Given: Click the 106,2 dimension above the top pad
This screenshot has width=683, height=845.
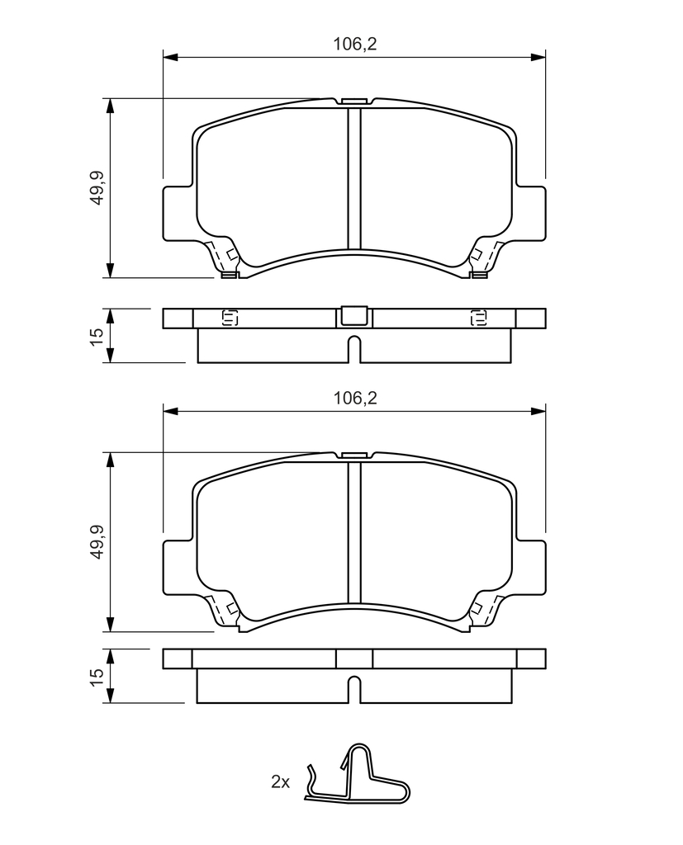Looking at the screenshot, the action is (354, 44).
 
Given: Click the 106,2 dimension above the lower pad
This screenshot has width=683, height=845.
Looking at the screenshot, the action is (354, 399).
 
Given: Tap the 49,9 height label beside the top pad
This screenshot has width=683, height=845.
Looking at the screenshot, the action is (97, 187).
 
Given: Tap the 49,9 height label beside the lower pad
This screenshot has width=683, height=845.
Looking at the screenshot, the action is (97, 541).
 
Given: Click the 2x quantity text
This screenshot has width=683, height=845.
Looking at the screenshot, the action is (280, 781).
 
